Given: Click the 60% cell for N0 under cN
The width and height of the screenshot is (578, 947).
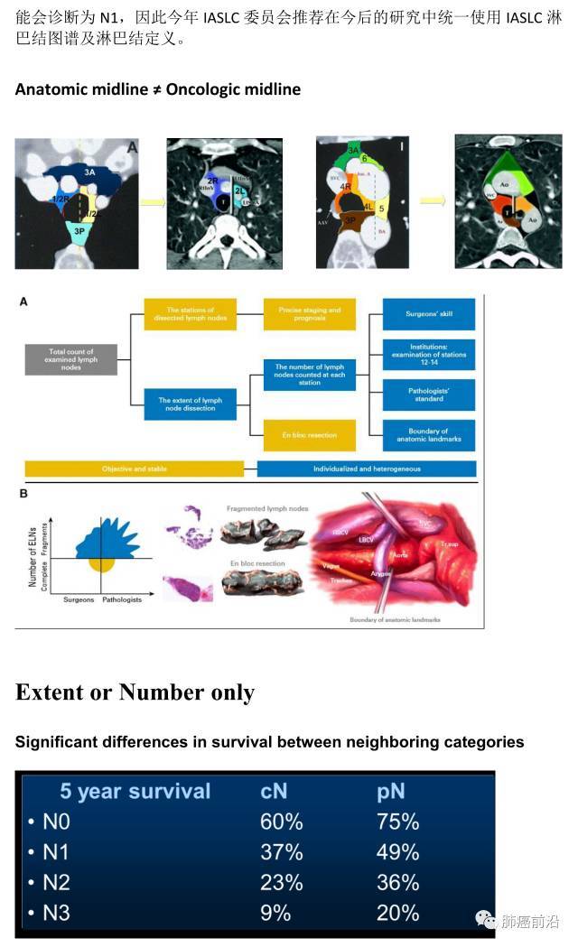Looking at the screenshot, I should pyautogui.click(x=280, y=822).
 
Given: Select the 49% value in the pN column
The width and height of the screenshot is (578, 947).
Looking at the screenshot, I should pyautogui.click(x=397, y=852).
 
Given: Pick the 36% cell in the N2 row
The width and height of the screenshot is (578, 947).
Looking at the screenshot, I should pyautogui.click(x=397, y=882).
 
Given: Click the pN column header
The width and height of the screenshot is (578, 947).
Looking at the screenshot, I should pyautogui.click(x=390, y=792).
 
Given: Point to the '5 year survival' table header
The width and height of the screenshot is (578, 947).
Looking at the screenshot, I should pyautogui.click(x=135, y=792).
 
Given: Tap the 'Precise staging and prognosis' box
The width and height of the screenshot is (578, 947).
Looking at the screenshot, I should pyautogui.click(x=309, y=314).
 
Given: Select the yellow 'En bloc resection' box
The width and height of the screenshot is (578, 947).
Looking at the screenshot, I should pyautogui.click(x=309, y=435).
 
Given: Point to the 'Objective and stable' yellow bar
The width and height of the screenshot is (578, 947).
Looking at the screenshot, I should pyautogui.click(x=135, y=469).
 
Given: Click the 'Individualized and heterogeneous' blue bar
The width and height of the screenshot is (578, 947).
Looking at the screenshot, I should pyautogui.click(x=367, y=469).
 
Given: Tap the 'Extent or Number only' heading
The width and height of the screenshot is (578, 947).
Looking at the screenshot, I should pyautogui.click(x=135, y=692).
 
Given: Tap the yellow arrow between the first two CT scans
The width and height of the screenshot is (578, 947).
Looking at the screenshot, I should pyautogui.click(x=154, y=201).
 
